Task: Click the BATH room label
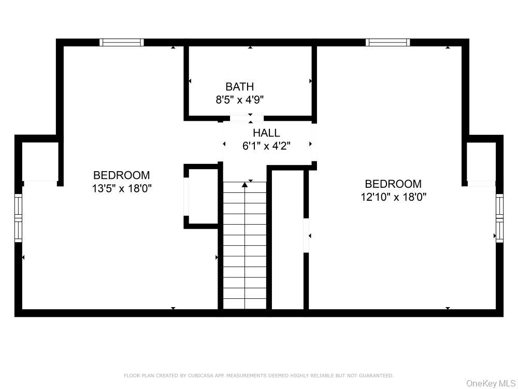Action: (239, 87)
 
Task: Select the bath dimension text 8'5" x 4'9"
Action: (239, 100)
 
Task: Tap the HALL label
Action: (266, 133)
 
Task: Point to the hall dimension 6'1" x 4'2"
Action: (266, 146)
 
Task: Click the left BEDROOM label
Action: (121, 175)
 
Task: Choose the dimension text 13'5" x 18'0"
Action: (121, 188)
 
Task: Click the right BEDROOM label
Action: (393, 184)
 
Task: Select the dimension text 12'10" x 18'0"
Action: (393, 197)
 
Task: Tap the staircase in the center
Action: (244, 244)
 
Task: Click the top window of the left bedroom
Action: (122, 43)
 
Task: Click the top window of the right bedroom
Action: (387, 43)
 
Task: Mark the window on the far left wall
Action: (18, 218)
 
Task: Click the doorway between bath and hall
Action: (247, 118)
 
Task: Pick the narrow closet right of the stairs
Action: (287, 239)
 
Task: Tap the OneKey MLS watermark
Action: (489, 383)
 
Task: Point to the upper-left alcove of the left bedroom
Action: (39, 161)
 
